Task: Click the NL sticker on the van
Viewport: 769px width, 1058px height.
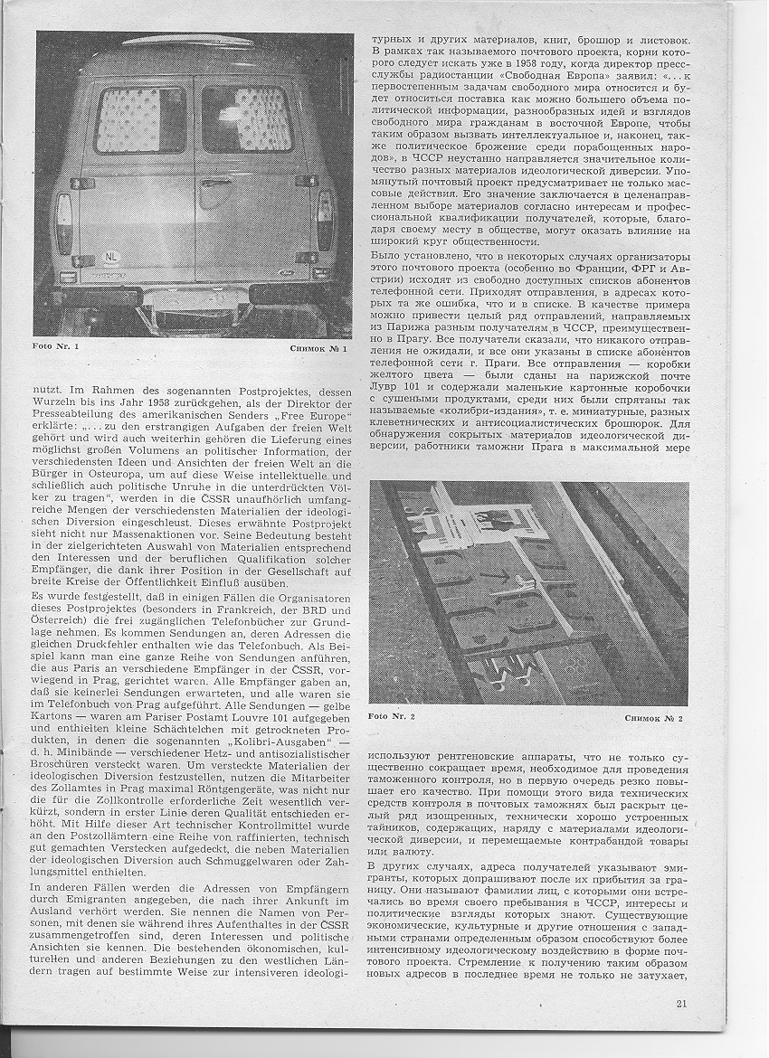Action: (109, 255)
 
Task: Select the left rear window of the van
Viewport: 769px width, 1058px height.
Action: (140, 119)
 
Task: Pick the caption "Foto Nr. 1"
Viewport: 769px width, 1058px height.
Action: (56, 347)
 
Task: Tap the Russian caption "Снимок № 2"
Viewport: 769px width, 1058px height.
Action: (654, 717)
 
